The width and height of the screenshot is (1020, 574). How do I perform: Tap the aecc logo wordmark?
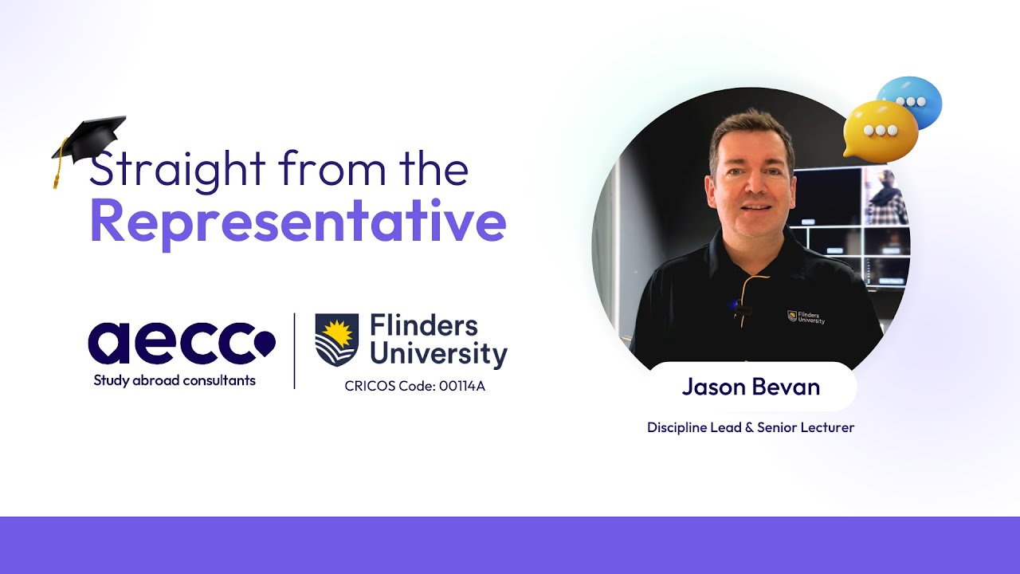[182, 343]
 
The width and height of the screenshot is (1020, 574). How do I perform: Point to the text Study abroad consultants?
[175, 381]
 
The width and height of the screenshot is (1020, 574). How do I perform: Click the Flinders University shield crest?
[336, 340]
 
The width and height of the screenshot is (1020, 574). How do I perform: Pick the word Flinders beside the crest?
[424, 326]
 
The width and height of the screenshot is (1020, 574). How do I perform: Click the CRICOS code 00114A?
[462, 386]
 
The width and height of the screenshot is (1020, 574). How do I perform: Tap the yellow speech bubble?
[880, 131]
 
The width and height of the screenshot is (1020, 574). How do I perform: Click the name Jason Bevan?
[751, 387]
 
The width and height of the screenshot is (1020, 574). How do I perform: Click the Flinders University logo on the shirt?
[806, 317]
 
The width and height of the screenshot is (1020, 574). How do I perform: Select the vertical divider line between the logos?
[295, 351]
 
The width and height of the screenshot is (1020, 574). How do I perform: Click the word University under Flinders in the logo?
[438, 354]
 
